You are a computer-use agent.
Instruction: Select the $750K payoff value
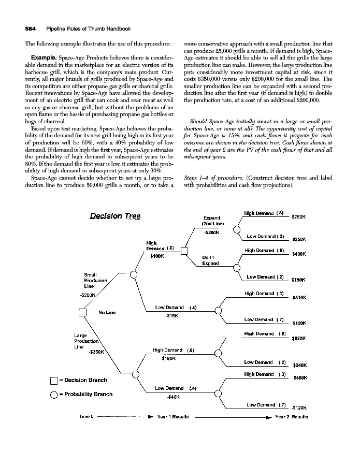300,217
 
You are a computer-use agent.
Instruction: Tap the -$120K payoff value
299,407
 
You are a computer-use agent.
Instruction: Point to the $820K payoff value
300,338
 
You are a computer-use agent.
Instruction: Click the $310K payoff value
300,298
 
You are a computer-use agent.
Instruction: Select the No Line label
107,312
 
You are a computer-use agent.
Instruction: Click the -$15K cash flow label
172,315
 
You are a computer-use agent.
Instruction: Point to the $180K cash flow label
169,357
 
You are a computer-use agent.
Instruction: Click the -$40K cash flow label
173,397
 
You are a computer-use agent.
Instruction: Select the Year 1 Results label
172,416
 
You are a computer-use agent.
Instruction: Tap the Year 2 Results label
292,416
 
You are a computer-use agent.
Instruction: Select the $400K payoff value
300,254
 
